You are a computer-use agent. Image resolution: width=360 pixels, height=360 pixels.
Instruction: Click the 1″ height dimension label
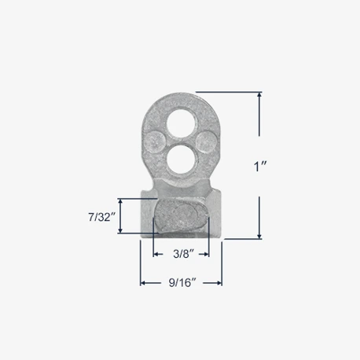pos(260,167)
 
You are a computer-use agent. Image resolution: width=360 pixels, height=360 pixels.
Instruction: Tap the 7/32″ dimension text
pos(102,217)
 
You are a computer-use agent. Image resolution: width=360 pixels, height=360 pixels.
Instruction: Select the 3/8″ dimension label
pos(183,254)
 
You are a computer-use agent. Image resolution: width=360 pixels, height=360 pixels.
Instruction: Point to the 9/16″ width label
pos(182,283)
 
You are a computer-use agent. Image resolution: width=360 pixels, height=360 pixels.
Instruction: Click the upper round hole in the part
pos(181,123)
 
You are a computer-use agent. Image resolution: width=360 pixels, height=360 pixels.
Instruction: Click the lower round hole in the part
pos(181,160)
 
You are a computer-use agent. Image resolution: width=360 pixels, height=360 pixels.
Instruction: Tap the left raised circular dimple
pos(156,141)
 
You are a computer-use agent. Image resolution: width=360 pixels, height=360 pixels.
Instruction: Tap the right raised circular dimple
pos(207,141)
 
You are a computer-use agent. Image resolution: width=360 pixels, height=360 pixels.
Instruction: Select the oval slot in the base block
pos(181,215)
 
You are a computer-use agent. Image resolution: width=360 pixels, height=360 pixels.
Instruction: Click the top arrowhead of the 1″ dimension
pos(259,95)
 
